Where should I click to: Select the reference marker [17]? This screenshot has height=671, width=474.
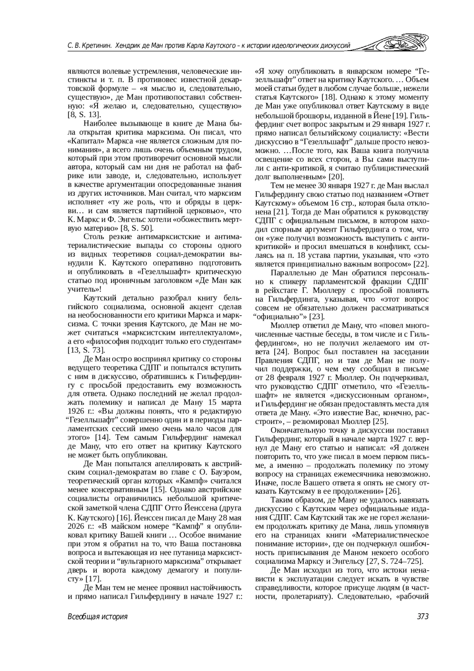pos(94,578)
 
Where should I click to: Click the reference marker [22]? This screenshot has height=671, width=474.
pos(421,264)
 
